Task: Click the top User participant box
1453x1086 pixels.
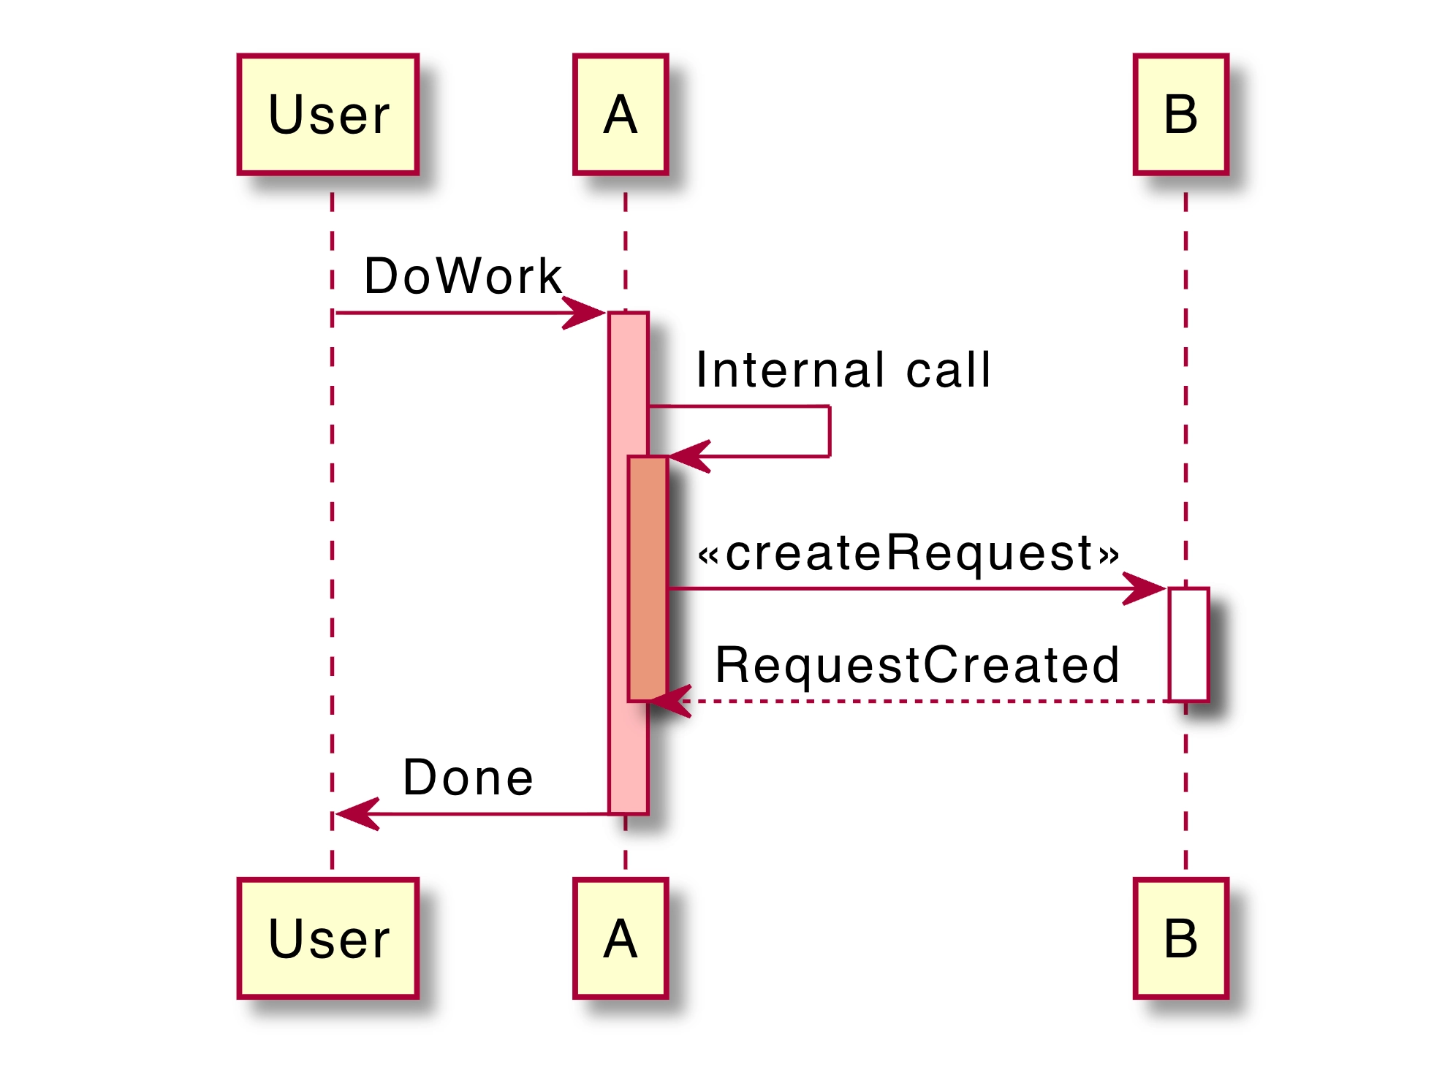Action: [x=327, y=114]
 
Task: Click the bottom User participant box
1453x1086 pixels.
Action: [x=327, y=938]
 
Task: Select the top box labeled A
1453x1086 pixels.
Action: [x=621, y=114]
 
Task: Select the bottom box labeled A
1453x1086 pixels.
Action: [x=621, y=938]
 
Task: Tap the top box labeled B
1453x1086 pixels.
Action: [x=1180, y=114]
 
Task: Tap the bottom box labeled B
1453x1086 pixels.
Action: [x=1180, y=938]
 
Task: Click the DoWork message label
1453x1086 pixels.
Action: [x=463, y=276]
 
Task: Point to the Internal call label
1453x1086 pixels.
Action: [x=843, y=370]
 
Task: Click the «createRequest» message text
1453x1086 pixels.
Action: [x=908, y=553]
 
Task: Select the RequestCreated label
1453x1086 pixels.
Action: [x=917, y=665]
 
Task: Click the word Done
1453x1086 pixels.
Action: [x=468, y=778]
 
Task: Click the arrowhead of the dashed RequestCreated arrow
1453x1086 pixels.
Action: [x=669, y=702]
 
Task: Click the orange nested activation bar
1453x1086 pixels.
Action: [x=648, y=577]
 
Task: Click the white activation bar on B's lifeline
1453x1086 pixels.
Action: [x=1188, y=643]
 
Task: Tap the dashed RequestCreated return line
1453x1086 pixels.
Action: [x=921, y=702]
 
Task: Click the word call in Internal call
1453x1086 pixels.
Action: [x=948, y=370]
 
